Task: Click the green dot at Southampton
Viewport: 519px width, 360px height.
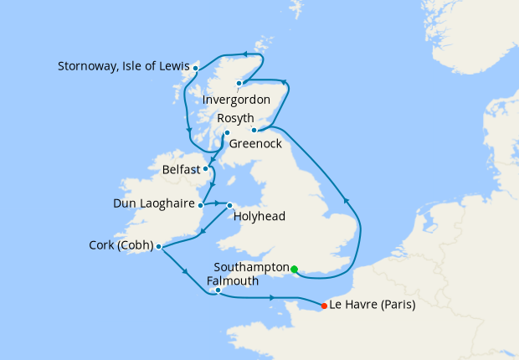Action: tap(294, 269)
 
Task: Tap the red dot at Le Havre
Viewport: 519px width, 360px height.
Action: tap(324, 305)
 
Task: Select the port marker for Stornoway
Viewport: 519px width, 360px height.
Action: tap(195, 68)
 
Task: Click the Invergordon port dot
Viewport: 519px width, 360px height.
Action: tap(239, 83)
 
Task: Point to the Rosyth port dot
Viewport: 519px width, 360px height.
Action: tap(254, 130)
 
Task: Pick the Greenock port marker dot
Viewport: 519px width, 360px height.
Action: tap(227, 132)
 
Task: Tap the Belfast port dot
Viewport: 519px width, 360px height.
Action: tap(206, 168)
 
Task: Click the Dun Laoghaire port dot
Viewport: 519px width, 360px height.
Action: tap(202, 203)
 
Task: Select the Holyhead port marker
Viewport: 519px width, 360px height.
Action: tap(230, 204)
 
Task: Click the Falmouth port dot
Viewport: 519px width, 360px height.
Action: tap(218, 291)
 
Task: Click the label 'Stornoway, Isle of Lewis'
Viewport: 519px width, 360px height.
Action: tap(124, 66)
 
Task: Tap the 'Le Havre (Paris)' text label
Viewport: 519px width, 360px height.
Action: tap(373, 305)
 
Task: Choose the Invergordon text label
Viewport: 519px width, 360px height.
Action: tap(242, 100)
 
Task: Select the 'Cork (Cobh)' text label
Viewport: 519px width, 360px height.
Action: tap(121, 246)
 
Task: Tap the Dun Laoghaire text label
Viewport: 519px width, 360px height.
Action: tap(155, 203)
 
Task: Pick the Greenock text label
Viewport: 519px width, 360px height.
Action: tap(256, 144)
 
